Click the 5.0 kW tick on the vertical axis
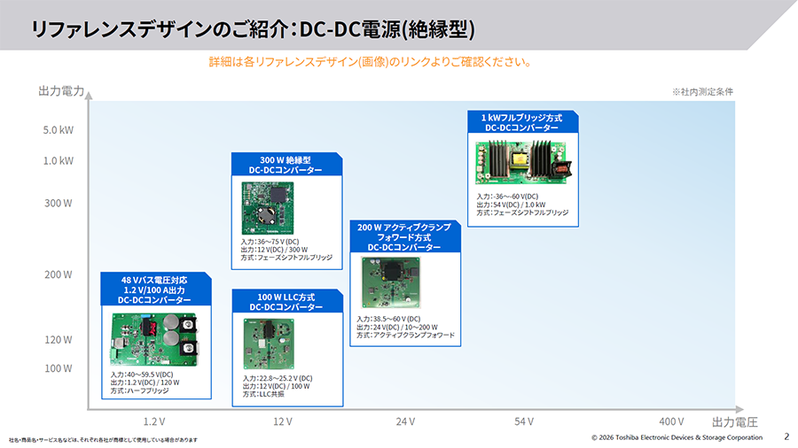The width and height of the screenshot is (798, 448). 58,129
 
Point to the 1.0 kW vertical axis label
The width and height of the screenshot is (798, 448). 58,161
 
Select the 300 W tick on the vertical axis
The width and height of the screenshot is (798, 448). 58,203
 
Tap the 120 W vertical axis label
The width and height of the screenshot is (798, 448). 58,339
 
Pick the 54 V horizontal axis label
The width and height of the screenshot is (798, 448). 523,421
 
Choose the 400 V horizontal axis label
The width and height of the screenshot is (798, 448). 671,421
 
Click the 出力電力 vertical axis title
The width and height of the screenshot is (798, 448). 61,91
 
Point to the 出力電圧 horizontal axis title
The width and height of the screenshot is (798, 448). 735,421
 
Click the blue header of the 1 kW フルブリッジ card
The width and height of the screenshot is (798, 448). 522,122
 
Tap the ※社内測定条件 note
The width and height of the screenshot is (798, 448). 702,92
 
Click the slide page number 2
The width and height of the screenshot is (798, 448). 786,436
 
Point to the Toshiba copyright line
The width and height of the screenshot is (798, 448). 677,437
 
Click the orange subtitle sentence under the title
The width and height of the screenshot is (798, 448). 370,63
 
